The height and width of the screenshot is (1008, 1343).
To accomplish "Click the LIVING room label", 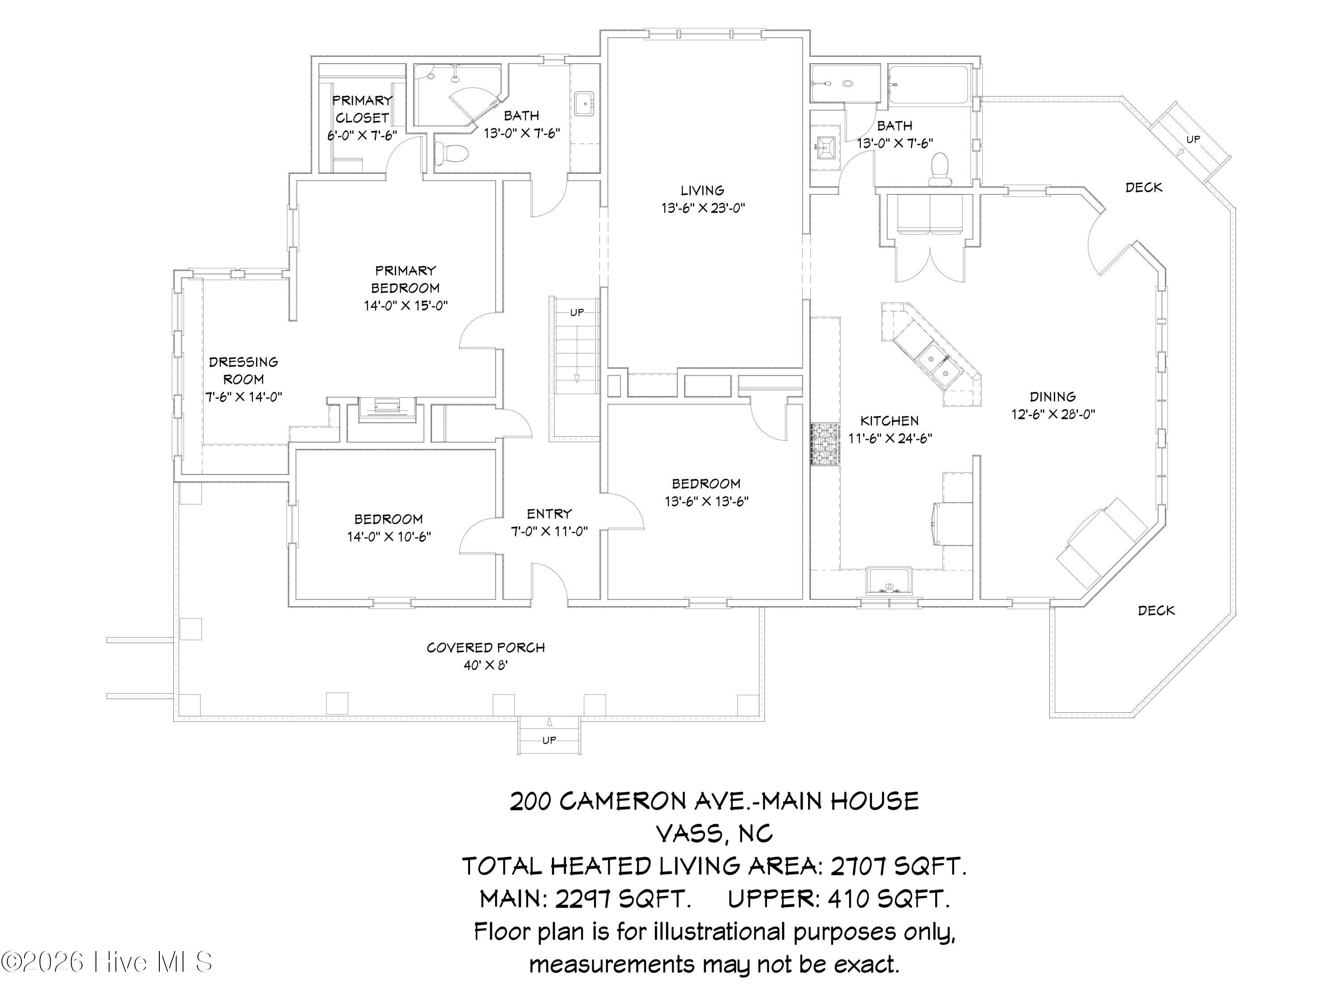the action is (x=702, y=191).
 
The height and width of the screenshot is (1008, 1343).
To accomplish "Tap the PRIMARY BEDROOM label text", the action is (x=405, y=279).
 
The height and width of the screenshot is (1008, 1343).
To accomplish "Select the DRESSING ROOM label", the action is (x=244, y=370).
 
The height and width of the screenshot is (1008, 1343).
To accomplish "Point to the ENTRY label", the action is (x=549, y=514).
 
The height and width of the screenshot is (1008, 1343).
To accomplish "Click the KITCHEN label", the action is (x=890, y=421).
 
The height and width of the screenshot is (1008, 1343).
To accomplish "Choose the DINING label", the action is (x=1053, y=397).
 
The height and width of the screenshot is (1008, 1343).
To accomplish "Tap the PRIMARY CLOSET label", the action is (x=362, y=109).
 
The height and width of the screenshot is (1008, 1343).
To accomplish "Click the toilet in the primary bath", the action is (x=450, y=152).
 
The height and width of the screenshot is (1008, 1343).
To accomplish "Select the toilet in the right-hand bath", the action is (x=939, y=169).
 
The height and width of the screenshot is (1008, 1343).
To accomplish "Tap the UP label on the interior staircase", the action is (x=577, y=312).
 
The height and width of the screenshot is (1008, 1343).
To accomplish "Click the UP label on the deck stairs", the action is (x=1193, y=139).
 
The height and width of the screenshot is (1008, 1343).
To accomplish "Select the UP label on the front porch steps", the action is (x=549, y=740).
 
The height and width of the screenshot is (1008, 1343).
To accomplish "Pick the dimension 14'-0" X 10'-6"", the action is (x=389, y=537).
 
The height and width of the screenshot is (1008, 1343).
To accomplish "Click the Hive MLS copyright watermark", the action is (x=107, y=962).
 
